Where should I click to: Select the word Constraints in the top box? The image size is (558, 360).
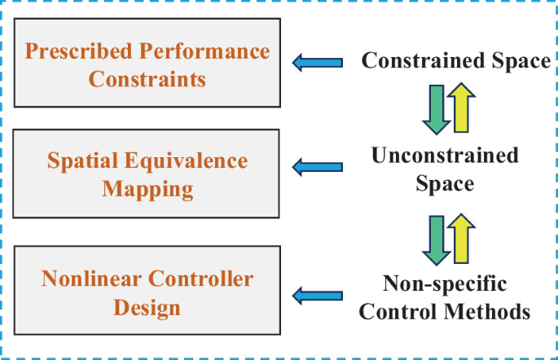point(148,80)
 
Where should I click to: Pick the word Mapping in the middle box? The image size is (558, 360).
point(149,190)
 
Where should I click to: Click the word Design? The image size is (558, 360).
point(149,308)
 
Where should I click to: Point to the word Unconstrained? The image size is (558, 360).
point(445,155)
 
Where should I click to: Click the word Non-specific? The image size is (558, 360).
point(445,284)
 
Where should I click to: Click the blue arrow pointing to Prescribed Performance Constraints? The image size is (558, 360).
point(317,61)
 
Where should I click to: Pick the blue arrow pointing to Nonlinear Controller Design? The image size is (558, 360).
point(317,295)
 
